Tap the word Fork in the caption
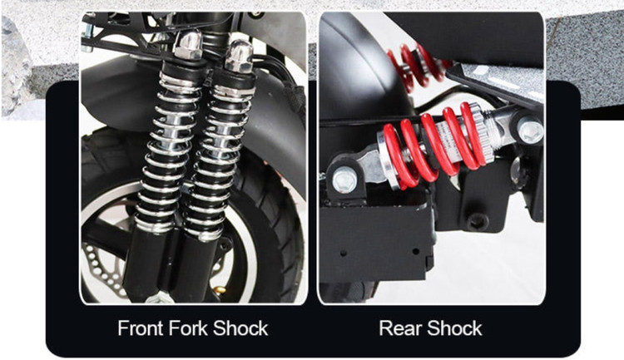[x=188, y=328]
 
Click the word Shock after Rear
[x=454, y=328]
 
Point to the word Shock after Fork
[x=240, y=328]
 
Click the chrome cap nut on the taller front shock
[x=188, y=45]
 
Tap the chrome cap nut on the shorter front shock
[x=239, y=56]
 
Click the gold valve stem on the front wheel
[x=220, y=288]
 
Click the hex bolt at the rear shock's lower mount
[x=344, y=181]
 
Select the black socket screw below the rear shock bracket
[x=478, y=220]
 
